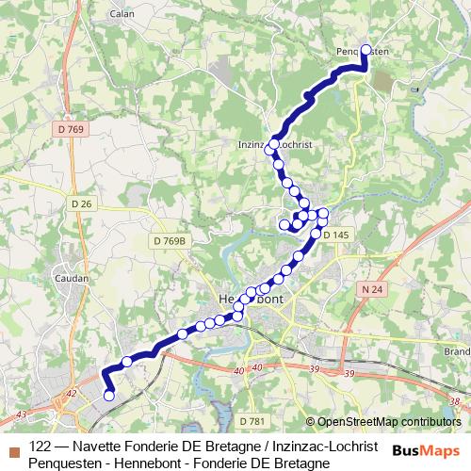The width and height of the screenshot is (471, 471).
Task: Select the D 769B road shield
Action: click(x=169, y=241)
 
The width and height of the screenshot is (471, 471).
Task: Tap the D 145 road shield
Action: click(x=335, y=235)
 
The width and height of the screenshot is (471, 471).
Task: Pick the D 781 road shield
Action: click(x=252, y=420)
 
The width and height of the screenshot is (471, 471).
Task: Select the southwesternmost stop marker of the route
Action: click(x=108, y=396)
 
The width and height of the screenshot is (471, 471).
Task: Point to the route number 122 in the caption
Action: click(x=41, y=445)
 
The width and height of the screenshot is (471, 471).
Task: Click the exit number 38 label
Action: click(x=454, y=402)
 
